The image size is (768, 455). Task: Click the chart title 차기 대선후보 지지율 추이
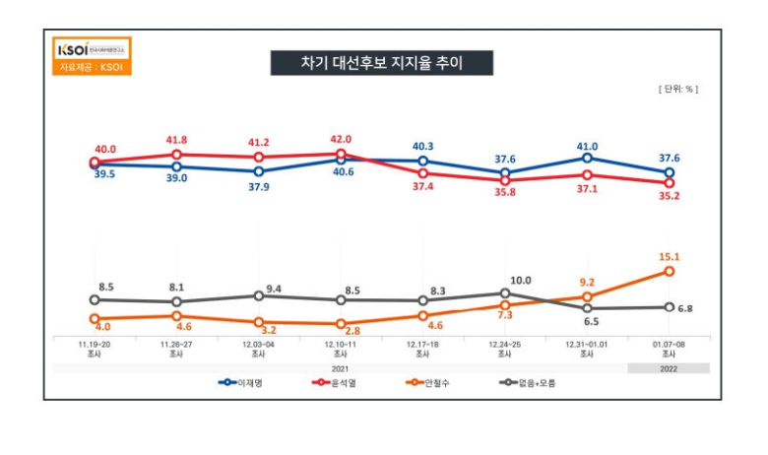click(x=382, y=63)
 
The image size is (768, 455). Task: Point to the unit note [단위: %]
click(x=678, y=89)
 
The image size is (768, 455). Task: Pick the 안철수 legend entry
click(x=431, y=382)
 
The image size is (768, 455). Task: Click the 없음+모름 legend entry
click(x=527, y=382)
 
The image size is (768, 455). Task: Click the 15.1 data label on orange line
click(x=670, y=257)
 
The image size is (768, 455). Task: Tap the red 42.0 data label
click(x=341, y=140)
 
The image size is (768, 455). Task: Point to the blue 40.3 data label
click(x=423, y=147)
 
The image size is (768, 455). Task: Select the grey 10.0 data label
click(x=519, y=281)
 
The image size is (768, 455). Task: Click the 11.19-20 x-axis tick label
click(x=95, y=344)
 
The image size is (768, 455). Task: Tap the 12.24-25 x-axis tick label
click(x=505, y=344)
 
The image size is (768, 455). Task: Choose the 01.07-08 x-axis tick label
click(x=669, y=344)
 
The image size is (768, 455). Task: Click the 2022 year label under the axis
click(x=669, y=368)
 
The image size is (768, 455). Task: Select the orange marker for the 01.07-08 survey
click(x=669, y=271)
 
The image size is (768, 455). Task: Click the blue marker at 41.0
click(x=587, y=158)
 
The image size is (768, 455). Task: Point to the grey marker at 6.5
click(x=587, y=308)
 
